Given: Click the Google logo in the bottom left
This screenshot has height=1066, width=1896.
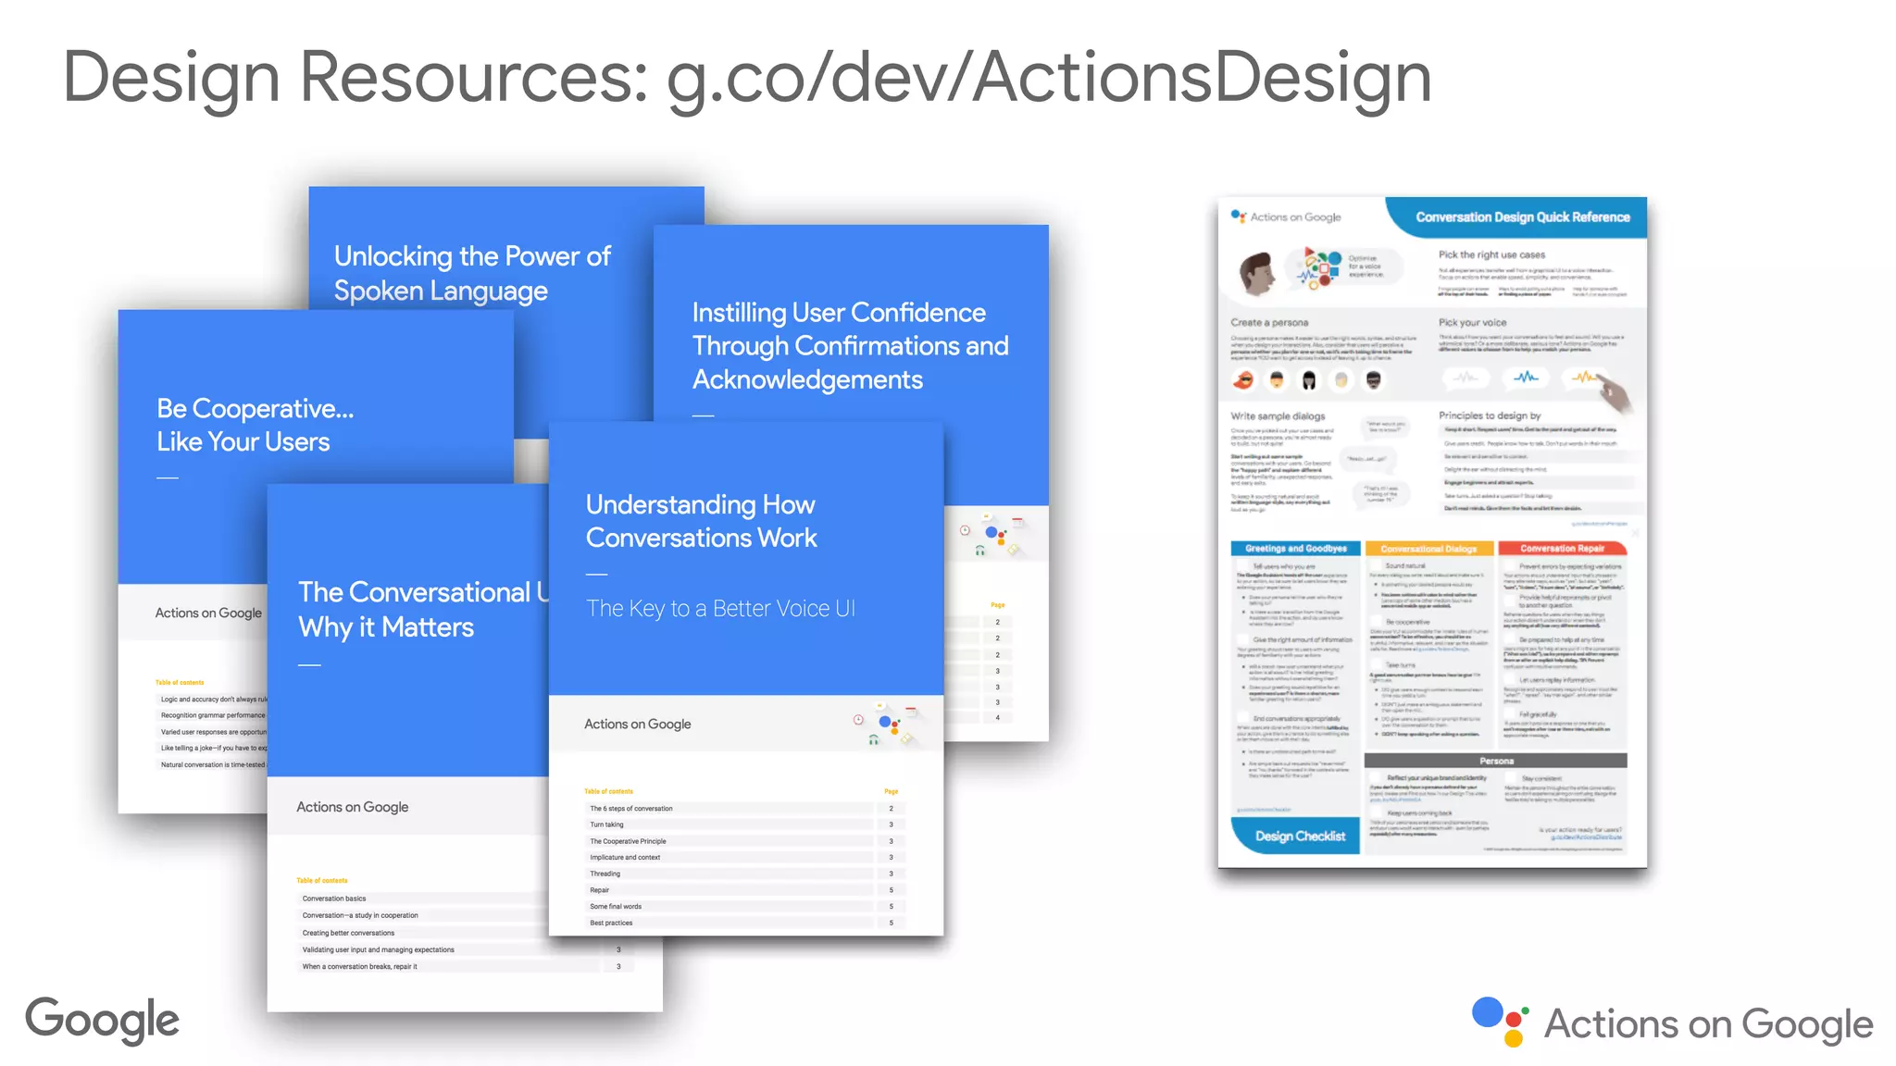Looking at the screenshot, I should [102, 1020].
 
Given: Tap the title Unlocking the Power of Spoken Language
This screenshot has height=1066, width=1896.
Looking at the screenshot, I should [472, 273].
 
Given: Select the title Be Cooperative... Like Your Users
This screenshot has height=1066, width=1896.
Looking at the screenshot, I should [255, 425].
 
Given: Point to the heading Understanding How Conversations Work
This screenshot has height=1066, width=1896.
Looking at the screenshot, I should [701, 521].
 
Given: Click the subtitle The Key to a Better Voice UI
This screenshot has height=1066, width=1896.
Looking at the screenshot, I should [720, 609].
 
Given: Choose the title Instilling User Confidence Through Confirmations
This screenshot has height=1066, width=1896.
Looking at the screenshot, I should [850, 345].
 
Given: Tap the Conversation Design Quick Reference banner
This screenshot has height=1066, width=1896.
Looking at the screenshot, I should [1522, 217].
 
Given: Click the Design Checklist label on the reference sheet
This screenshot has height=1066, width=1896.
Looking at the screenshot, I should [1300, 836].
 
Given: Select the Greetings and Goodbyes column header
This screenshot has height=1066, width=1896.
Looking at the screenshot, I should [1295, 549].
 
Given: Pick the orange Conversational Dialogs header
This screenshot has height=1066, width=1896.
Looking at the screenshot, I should [1428, 549].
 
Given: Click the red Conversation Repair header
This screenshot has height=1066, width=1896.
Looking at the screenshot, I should [1562, 549].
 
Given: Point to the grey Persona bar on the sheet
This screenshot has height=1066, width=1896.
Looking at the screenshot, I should [1496, 761].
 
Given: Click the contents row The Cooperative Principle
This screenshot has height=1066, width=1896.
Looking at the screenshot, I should [629, 841].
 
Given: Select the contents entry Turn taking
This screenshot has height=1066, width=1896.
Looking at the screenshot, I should [607, 824].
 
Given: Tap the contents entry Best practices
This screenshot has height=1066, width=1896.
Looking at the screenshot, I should [612, 923].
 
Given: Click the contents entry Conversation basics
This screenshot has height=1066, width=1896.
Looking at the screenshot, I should [334, 899].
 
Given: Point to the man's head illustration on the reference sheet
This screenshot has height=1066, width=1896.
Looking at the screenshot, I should [1256, 274].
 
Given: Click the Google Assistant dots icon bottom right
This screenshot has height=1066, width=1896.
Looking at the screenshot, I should [1500, 1022].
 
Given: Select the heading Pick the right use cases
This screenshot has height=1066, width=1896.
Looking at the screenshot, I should [1491, 254].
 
